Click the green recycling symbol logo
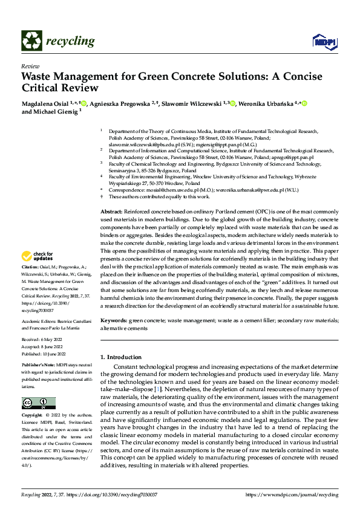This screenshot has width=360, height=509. pyautogui.click(x=31, y=41)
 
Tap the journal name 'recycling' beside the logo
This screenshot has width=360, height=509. pyautogui.click(x=70, y=41)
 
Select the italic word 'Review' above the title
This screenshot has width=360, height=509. pyautogui.click(x=30, y=66)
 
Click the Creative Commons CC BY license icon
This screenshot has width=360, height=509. pyautogui.click(x=39, y=403)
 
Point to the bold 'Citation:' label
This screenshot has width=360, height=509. pyautogui.click(x=31, y=284)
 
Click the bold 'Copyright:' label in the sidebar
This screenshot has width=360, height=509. pyautogui.click(x=33, y=416)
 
